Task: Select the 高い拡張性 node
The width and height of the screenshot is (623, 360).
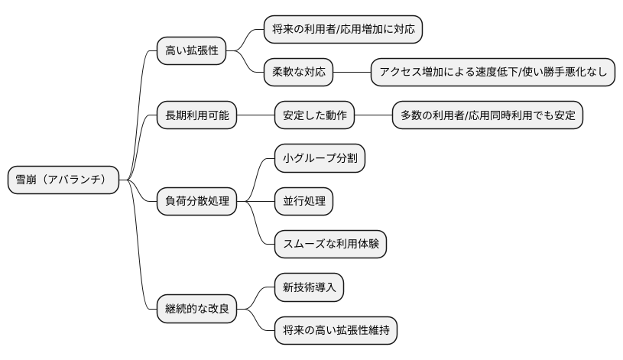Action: click(x=191, y=51)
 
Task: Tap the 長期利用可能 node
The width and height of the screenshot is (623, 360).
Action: click(x=196, y=115)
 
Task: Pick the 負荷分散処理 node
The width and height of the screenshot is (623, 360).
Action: click(x=196, y=202)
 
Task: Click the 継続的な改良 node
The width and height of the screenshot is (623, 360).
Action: click(x=196, y=310)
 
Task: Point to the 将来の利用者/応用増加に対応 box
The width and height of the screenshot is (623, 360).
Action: click(x=343, y=30)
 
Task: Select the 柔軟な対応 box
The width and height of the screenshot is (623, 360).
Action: click(x=299, y=73)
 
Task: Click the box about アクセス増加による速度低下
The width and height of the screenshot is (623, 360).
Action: click(x=493, y=73)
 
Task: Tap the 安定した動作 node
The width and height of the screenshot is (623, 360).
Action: click(x=315, y=115)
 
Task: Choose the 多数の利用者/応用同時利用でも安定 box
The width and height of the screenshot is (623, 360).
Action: click(x=488, y=115)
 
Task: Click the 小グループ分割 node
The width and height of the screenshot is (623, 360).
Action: click(x=320, y=159)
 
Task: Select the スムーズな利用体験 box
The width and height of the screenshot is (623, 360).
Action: click(x=330, y=245)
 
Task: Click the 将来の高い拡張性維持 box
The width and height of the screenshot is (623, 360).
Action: click(x=336, y=331)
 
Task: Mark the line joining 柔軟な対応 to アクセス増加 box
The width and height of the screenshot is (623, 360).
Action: click(x=352, y=73)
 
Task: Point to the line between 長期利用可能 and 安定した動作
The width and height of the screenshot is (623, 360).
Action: click(x=256, y=115)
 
